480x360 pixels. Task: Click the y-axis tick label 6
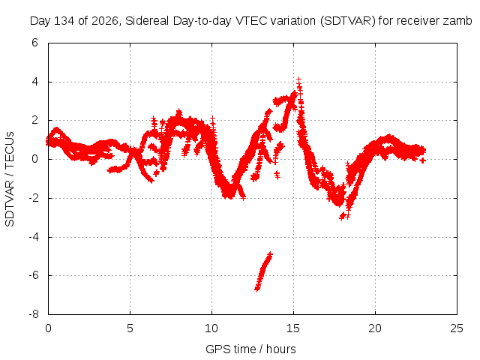(x=34, y=43)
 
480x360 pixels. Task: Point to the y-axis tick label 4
(x=34, y=82)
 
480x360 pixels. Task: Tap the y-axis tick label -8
(x=33, y=314)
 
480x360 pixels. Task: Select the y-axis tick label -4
(x=33, y=237)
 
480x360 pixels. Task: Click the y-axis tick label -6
(x=33, y=275)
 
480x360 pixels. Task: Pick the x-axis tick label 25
(x=457, y=328)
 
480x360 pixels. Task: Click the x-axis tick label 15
(x=293, y=328)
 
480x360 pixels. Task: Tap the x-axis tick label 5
(x=130, y=328)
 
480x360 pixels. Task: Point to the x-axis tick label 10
(x=211, y=328)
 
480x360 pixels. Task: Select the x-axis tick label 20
(x=375, y=328)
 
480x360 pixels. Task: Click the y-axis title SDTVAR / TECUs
(x=10, y=179)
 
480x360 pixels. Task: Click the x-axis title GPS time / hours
(x=250, y=349)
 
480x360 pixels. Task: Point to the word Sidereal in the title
(x=147, y=21)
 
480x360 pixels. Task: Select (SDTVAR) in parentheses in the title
(x=348, y=21)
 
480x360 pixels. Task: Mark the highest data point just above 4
(x=298, y=80)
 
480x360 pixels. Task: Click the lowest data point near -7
(x=257, y=289)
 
